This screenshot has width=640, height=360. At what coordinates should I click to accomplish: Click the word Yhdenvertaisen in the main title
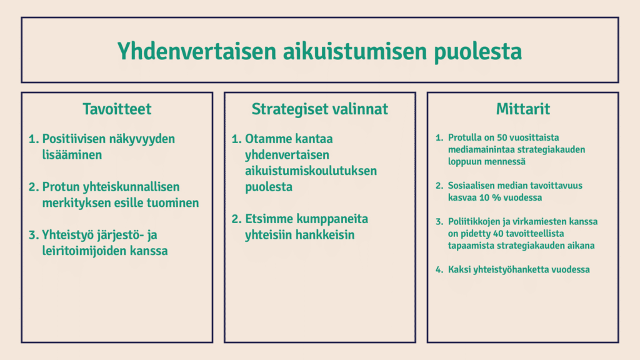[x=197, y=52]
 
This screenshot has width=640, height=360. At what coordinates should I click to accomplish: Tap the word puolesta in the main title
[x=478, y=52]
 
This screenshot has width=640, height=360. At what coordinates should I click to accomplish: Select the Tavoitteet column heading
[x=117, y=109]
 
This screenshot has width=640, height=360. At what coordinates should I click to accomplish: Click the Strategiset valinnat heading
[x=319, y=109]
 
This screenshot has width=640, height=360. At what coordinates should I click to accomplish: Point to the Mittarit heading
[x=523, y=109]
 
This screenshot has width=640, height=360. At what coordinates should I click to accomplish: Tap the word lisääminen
[x=72, y=155]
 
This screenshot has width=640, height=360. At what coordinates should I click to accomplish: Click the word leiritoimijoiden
[x=84, y=251]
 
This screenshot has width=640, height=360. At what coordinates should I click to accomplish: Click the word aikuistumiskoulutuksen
[x=311, y=171]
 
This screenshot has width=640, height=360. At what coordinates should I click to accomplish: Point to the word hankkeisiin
[x=325, y=235]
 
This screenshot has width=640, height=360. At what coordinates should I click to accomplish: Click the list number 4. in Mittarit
[x=439, y=269]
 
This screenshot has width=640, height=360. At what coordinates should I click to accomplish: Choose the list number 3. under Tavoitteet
[x=34, y=235]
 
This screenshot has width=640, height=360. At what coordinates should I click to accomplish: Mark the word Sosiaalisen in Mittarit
[x=471, y=186]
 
